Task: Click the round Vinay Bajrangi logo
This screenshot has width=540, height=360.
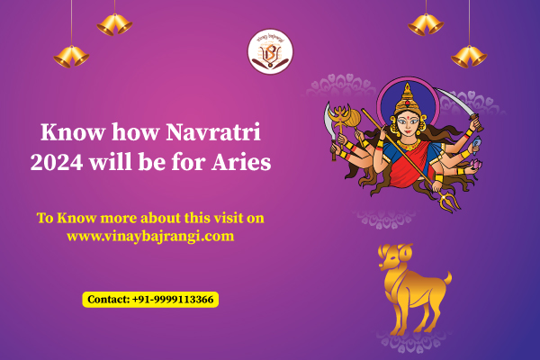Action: pos(270,51)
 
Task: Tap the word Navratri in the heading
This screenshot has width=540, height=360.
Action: pos(213,132)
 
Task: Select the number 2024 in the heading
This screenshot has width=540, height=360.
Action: pos(57,162)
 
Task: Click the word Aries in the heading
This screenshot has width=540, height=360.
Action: pos(241,162)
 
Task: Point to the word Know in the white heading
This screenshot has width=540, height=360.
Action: pos(73,132)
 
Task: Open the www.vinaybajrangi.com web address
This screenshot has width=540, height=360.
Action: pos(150,237)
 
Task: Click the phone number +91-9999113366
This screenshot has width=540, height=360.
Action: pos(173,300)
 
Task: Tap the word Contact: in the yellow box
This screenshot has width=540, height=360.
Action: pos(109,300)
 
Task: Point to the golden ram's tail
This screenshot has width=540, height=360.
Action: pos(447,278)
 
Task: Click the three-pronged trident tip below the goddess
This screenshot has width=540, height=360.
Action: pos(449,201)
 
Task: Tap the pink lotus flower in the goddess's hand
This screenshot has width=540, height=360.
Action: pos(477,165)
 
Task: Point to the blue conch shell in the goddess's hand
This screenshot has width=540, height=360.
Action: pos(477,144)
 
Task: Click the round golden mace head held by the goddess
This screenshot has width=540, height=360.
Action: pos(352,118)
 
